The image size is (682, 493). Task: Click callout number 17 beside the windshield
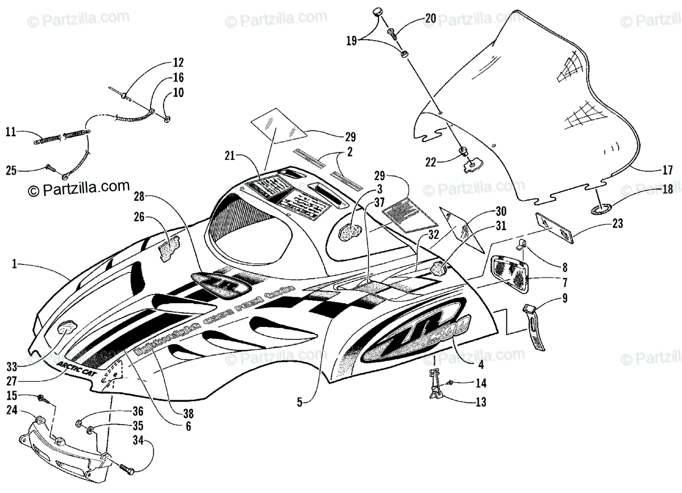pos(668,169)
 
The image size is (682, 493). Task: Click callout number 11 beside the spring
pos(11,132)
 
